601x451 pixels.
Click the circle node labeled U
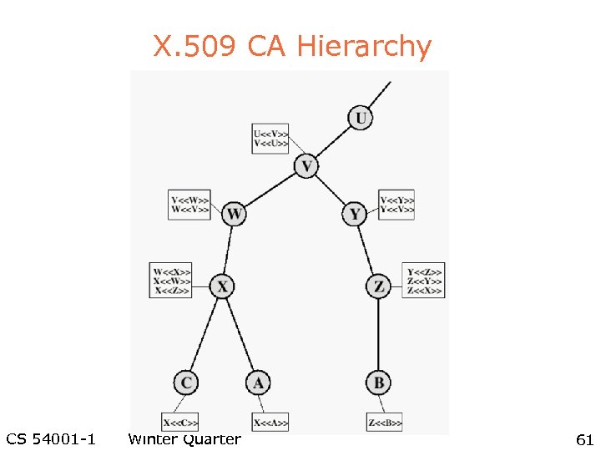tap(360, 118)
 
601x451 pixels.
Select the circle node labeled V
tap(306, 167)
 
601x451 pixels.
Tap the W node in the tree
tap(235, 215)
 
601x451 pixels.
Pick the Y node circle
tap(355, 215)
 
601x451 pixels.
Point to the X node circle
tap(221, 286)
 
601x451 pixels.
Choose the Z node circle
tap(379, 286)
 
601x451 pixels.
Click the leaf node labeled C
tap(186, 383)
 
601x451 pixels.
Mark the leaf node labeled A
tap(258, 383)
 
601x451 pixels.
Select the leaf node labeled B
tap(378, 383)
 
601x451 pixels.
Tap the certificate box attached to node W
tap(189, 205)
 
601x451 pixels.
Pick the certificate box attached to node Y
tap(396, 205)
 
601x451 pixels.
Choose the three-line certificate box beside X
tap(172, 281)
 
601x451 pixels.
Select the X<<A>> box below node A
tap(270, 423)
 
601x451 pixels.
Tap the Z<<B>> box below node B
tap(384, 423)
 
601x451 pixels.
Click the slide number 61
tap(584, 439)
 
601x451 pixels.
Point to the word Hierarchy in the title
tap(377, 47)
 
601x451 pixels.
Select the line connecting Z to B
tap(379, 334)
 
